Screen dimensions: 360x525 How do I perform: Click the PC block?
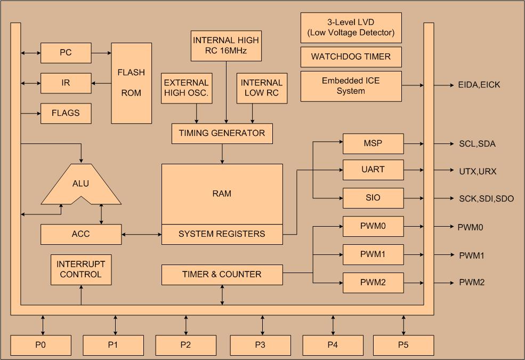[x=66, y=53]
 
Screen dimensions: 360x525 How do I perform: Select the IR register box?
[x=66, y=83]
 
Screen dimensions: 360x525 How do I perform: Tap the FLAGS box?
[x=66, y=113]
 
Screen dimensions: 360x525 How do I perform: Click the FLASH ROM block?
[x=131, y=83]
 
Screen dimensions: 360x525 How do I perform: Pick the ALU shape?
[x=81, y=185]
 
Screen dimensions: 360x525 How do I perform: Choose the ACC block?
[x=81, y=234]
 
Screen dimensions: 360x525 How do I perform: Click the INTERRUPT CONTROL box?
[x=81, y=269]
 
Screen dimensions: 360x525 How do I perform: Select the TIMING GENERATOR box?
[x=222, y=133]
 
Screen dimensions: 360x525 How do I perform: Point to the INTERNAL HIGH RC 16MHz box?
[x=226, y=46]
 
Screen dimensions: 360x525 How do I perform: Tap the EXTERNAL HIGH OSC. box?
[x=186, y=89]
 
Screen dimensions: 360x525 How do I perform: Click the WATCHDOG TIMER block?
[x=351, y=57]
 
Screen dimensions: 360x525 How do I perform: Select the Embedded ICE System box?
[x=351, y=86]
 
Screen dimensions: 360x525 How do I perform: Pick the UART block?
[x=373, y=170]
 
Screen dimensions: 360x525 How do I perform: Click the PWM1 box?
[x=373, y=254]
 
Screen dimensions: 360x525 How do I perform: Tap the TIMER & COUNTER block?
[x=222, y=275]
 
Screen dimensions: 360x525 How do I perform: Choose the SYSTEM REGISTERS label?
[x=222, y=234]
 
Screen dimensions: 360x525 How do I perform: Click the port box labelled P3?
[x=260, y=345]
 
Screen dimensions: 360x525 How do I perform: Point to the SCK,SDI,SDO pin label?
[x=486, y=198]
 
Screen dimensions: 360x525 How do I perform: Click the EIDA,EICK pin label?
[x=479, y=85]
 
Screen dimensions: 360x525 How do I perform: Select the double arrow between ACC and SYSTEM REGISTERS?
[x=141, y=234]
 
